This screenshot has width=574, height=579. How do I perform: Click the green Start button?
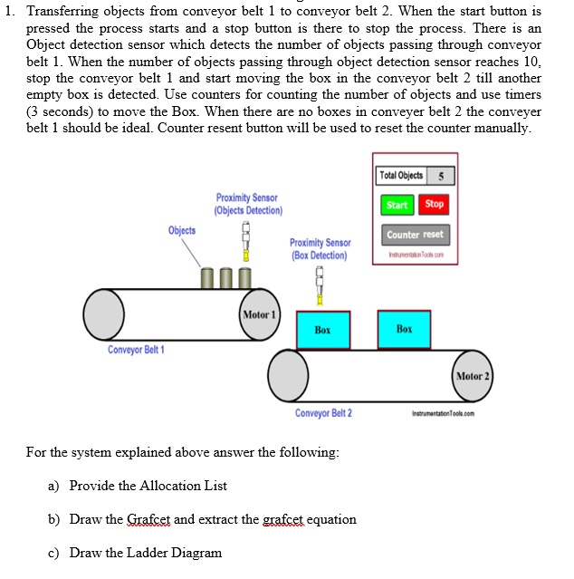pos(397,205)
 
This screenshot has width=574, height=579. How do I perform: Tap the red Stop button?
pos(435,205)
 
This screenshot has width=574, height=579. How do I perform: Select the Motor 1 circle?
pos(259,314)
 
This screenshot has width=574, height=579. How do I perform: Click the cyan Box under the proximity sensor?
pos(322,330)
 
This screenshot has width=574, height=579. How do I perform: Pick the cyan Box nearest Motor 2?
pos(404,330)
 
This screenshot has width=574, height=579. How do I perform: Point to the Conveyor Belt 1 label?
pos(137,350)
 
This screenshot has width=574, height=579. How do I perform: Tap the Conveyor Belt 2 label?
pos(323,413)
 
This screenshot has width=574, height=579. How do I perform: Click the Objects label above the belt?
pos(181,230)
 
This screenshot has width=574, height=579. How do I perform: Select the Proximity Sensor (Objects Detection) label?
pos(248,204)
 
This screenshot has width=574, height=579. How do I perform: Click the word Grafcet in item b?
pos(148,519)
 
